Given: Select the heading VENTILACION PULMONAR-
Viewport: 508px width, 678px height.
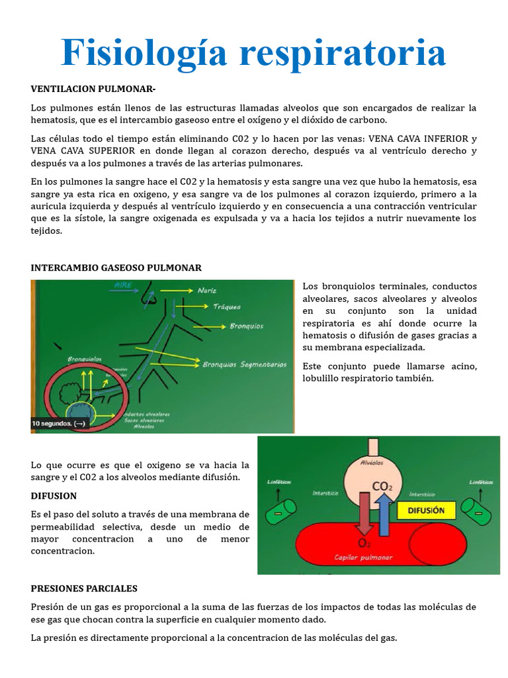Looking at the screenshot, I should pos(93,89).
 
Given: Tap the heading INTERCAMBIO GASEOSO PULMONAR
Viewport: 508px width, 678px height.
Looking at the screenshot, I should pos(116,267).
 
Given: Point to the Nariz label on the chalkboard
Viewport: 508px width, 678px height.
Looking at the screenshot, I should pos(207,290).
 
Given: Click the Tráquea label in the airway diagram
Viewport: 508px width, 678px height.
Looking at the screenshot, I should pos(226,307).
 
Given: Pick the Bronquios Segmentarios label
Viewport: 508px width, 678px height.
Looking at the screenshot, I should pos(244,363).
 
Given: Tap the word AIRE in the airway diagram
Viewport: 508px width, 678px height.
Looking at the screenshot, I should pos(124,285).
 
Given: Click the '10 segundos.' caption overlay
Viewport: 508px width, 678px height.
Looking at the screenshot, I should pos(59,423).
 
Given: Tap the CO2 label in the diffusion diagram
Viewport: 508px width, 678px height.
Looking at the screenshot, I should pos(382,487).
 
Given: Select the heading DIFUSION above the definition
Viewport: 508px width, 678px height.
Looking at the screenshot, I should pos(54,495).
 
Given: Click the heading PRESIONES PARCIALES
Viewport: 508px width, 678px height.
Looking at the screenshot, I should pos(84,588).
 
